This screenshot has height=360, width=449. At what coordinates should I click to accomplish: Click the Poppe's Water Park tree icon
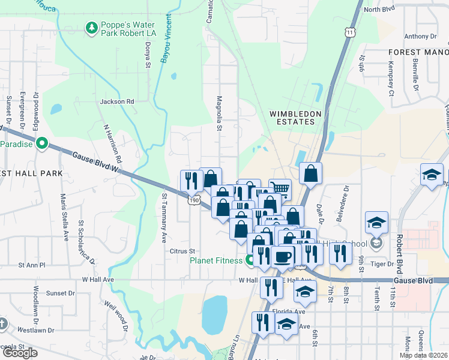coord(91,28)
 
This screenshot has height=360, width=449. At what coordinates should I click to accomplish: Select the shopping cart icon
coord(279,188)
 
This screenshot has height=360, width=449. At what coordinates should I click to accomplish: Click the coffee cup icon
coord(282,256)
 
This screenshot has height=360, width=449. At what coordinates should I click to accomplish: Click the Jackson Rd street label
coord(117,102)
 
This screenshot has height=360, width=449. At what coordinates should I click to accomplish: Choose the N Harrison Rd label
coord(112,144)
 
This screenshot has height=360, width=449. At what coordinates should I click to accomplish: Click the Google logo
coord(20,353)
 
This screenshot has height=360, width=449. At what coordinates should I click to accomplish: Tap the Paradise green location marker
coord(41,143)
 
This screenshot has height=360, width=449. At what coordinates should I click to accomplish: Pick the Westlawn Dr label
coord(35,330)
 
